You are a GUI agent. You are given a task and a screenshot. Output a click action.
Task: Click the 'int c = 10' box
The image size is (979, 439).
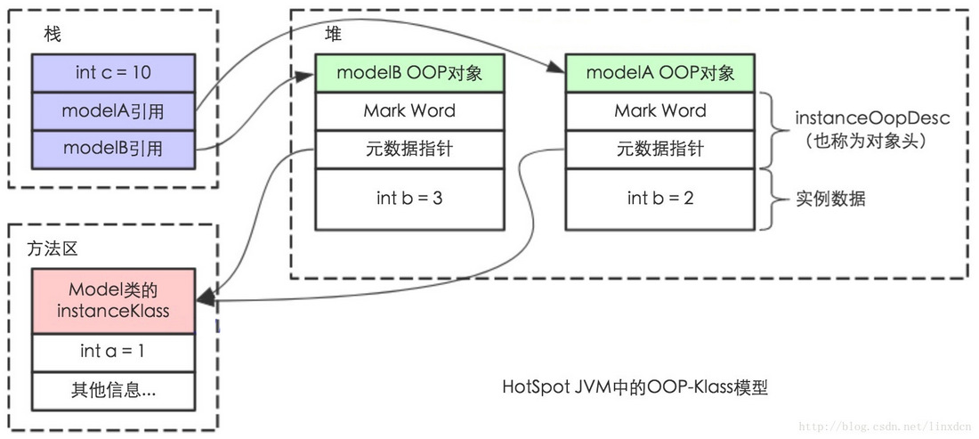112,71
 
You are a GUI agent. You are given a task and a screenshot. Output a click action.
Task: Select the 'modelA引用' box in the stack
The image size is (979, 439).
112,110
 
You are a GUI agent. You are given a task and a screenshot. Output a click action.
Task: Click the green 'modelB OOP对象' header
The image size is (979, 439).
409,73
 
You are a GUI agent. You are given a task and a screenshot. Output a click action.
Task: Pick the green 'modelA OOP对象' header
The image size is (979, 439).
660,73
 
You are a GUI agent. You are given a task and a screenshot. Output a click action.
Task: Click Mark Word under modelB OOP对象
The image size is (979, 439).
409,111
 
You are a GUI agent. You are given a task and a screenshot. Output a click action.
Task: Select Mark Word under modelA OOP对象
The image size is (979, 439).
660,111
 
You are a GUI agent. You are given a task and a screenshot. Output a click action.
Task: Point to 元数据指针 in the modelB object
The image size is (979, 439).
409,149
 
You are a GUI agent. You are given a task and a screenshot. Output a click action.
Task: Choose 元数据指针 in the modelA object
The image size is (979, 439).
660,149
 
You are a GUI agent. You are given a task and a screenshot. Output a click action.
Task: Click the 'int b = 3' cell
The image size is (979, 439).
409,198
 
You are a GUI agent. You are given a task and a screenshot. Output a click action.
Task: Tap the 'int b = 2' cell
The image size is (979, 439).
660,198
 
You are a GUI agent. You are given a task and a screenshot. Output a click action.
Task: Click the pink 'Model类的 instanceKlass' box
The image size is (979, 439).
112,301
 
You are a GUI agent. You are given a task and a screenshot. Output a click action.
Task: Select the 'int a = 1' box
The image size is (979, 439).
112,352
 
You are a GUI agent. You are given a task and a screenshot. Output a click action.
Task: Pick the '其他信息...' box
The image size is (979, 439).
112,390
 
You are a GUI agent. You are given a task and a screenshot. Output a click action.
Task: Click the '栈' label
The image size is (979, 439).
52,34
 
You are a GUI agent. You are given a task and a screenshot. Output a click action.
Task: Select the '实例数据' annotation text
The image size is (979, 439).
829,199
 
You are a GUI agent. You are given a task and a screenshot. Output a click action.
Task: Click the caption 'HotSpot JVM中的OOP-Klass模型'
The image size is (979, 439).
635,388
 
